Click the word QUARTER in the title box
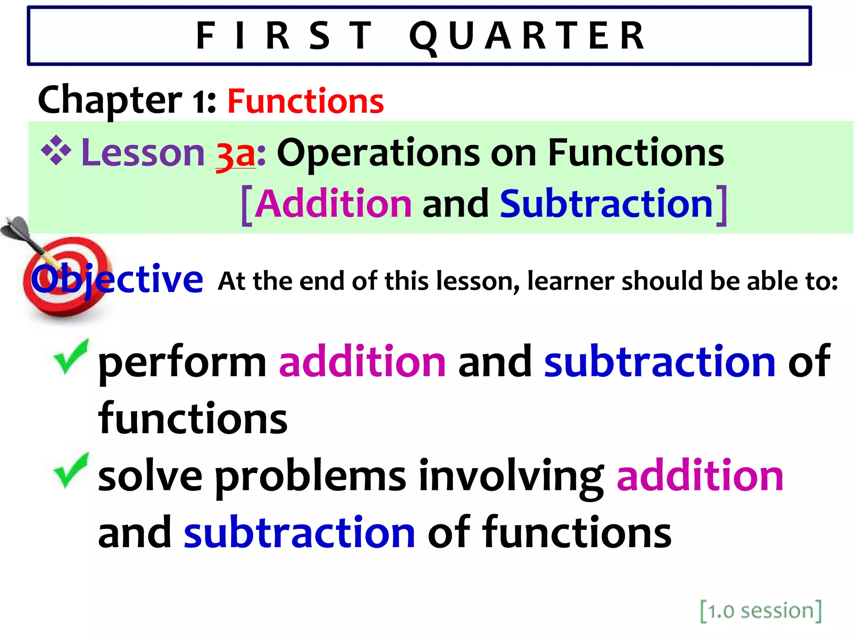527,37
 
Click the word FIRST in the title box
284,37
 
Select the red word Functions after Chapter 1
306,101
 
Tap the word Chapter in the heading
110,100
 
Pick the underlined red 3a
235,154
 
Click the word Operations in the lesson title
378,154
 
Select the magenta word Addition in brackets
333,204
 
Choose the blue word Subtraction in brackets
606,204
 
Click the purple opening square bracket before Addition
247,205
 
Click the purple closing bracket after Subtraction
722,205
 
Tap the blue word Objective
117,279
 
